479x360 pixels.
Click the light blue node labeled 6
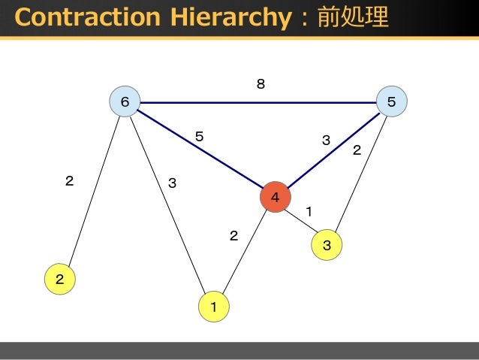pyautogui.click(x=125, y=101)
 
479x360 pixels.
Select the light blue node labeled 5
pyautogui.click(x=391, y=101)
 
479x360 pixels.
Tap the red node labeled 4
pyautogui.click(x=275, y=198)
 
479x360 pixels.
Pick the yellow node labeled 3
pyautogui.click(x=327, y=245)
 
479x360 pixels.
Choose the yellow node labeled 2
pyautogui.click(x=59, y=280)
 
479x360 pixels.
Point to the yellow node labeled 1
pyautogui.click(x=214, y=307)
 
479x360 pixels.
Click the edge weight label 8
pyautogui.click(x=261, y=85)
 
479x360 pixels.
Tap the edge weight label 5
pyautogui.click(x=199, y=137)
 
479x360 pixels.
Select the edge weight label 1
pyautogui.click(x=309, y=211)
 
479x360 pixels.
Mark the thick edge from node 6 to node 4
pyautogui.click(x=200, y=150)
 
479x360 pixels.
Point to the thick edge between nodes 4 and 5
pyautogui.click(x=333, y=150)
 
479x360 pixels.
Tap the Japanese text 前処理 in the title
pyautogui.click(x=353, y=17)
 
